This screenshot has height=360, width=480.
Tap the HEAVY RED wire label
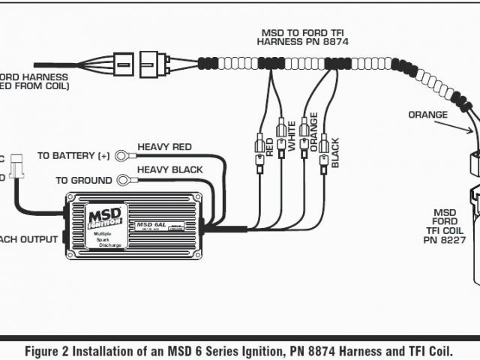tap(164, 147)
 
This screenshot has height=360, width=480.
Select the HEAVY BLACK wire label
tap(169, 170)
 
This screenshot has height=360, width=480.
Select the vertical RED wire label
tap(269, 147)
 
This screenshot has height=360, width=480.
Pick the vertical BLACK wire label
tap(335, 152)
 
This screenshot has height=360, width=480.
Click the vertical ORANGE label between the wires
tap(313, 132)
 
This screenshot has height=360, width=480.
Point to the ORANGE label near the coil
tap(428, 115)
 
